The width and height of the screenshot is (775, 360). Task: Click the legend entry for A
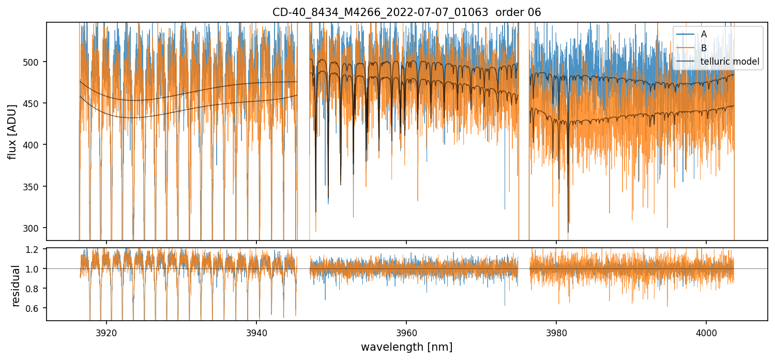click(704, 34)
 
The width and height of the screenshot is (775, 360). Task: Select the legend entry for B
click(704, 48)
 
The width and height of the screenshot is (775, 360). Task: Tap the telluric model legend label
click(730, 62)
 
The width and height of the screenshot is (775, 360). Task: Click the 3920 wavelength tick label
click(107, 333)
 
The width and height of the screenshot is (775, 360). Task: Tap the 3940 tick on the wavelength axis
click(256, 333)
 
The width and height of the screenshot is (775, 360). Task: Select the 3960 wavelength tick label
click(406, 333)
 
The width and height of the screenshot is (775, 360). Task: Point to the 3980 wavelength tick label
click(556, 333)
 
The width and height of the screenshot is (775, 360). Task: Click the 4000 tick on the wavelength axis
click(706, 333)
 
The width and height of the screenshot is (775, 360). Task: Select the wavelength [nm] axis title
click(406, 347)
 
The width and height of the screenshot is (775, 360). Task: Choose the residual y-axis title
click(16, 286)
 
